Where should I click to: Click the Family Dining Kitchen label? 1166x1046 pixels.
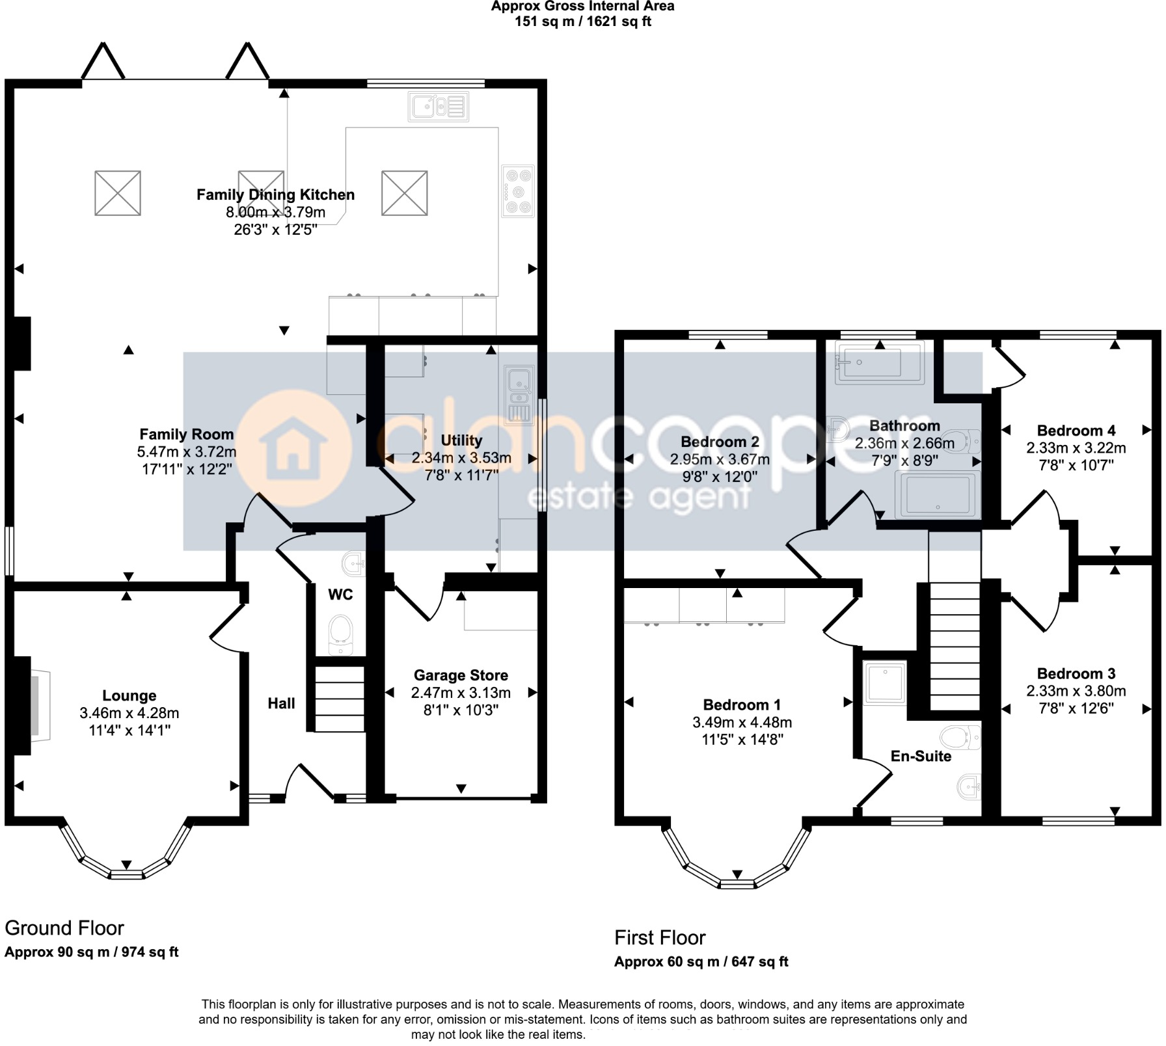pyautogui.click(x=275, y=194)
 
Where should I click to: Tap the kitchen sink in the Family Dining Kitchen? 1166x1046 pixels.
pyautogui.click(x=438, y=106)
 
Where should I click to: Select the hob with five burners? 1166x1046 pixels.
pyautogui.click(x=518, y=191)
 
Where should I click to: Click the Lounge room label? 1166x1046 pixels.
pyautogui.click(x=129, y=695)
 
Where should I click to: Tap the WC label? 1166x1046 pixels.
pyautogui.click(x=340, y=594)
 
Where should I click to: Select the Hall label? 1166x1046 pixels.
pyautogui.click(x=281, y=703)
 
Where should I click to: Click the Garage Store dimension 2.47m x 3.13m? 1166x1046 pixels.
pyautogui.click(x=461, y=693)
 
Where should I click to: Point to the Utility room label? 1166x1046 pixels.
pyautogui.click(x=461, y=440)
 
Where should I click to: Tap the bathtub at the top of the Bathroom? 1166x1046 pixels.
pyautogui.click(x=878, y=363)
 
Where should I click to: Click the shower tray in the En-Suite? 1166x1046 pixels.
pyautogui.click(x=885, y=682)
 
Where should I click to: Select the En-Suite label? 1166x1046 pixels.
pyautogui.click(x=921, y=756)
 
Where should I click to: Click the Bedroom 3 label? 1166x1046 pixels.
pyautogui.click(x=1076, y=673)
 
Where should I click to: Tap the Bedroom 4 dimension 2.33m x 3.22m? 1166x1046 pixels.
pyautogui.click(x=1076, y=448)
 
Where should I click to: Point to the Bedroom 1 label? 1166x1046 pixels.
pyautogui.click(x=742, y=704)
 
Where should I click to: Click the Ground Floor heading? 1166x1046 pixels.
pyautogui.click(x=64, y=928)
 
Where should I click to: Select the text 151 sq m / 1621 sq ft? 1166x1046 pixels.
pyautogui.click(x=582, y=21)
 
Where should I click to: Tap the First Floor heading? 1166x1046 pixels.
pyautogui.click(x=660, y=937)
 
